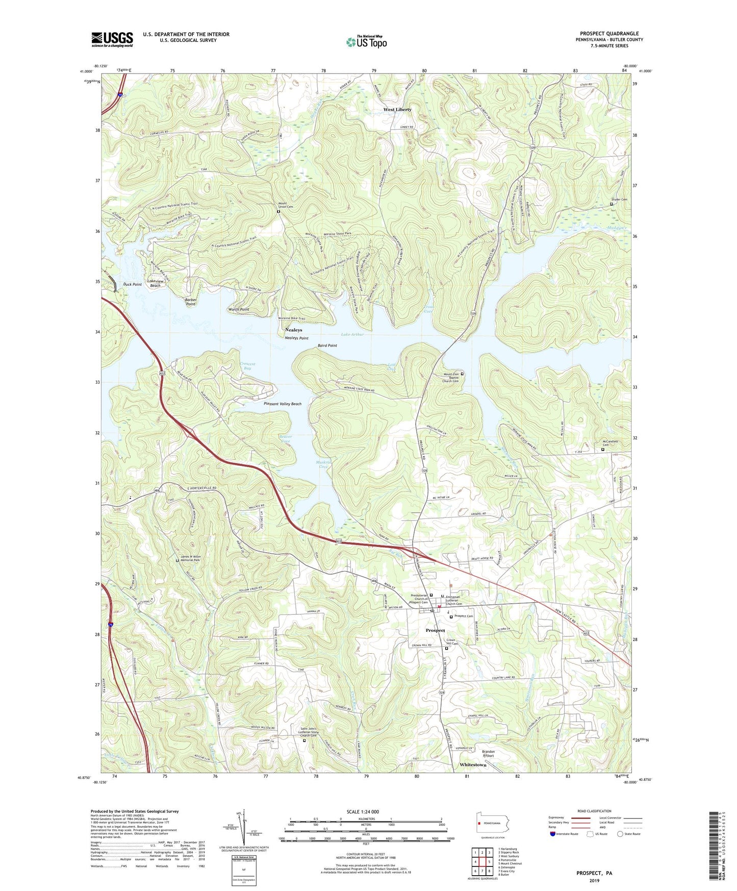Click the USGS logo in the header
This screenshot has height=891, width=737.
click(x=112, y=39)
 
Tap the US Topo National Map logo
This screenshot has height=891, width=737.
click(x=366, y=41)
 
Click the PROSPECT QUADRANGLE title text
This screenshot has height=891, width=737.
click(x=609, y=34)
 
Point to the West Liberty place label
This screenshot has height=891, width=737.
click(x=397, y=110)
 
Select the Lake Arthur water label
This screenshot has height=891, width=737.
click(x=352, y=334)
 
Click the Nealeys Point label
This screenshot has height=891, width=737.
click(x=296, y=338)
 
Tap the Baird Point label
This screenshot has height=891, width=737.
click(x=327, y=345)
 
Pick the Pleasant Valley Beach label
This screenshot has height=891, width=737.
click(x=283, y=404)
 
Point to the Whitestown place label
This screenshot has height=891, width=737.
click(x=473, y=765)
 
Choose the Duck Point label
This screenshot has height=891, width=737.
click(x=132, y=284)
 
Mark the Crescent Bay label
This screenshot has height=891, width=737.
click(x=247, y=366)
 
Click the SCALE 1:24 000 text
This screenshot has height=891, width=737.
click(x=366, y=812)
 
